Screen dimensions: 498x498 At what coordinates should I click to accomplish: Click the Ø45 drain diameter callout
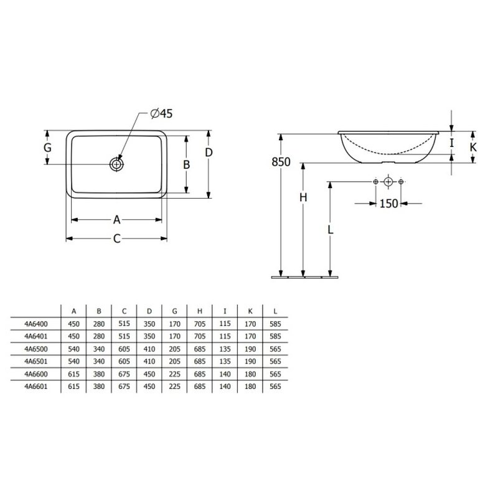(x=161, y=113)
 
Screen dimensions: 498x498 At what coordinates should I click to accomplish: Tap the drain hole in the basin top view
(x=116, y=164)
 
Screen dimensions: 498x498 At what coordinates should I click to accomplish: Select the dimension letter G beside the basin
(x=47, y=148)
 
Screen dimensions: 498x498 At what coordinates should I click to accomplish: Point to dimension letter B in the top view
(x=186, y=164)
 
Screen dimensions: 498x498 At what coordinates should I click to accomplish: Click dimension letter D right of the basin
(x=209, y=153)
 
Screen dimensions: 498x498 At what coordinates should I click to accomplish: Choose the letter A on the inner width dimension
(x=117, y=220)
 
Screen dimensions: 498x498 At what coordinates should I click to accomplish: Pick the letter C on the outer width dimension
(x=117, y=238)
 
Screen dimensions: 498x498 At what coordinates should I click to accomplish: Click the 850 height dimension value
(x=281, y=162)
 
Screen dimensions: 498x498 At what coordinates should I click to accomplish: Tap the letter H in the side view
(x=303, y=197)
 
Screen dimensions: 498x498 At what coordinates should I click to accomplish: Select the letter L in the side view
(x=331, y=229)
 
